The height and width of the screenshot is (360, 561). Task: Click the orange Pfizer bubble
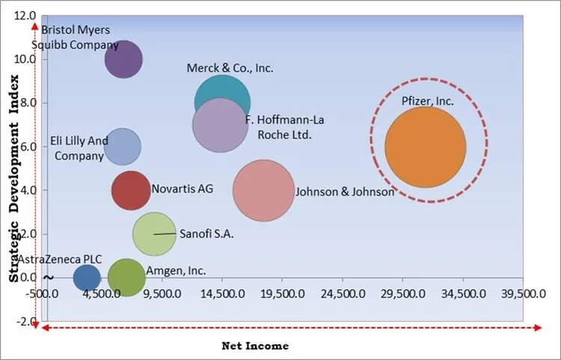[425, 147]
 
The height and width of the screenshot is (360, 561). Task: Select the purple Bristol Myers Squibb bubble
[123, 60]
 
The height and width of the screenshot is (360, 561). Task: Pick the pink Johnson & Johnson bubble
[263, 191]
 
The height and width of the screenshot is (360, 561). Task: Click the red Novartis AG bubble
[131, 190]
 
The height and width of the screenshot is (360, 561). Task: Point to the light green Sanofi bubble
[153, 234]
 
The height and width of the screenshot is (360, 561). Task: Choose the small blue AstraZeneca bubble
[87, 278]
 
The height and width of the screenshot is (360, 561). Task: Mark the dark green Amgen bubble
[126, 278]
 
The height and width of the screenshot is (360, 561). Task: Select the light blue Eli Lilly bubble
[122, 147]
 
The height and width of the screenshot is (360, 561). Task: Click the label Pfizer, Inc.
[427, 101]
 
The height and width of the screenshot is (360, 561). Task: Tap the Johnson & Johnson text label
[345, 192]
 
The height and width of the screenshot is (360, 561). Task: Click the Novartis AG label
[183, 189]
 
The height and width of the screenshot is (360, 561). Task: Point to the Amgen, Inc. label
[176, 271]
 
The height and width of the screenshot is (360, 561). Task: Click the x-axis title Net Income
[255, 347]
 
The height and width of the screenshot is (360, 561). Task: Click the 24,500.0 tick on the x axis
[341, 294]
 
